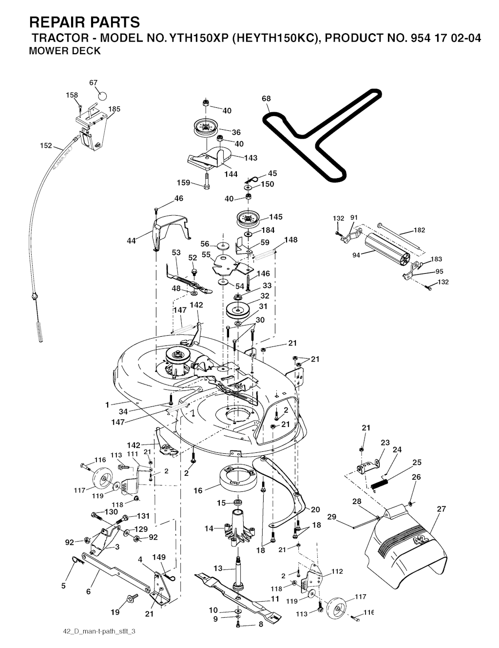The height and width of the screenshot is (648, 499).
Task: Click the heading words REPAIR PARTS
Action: point(84,22)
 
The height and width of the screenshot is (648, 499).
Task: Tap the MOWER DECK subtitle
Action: point(65,51)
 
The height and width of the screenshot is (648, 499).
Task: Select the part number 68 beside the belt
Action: point(266,99)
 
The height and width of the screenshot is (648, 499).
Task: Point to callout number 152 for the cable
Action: point(46,145)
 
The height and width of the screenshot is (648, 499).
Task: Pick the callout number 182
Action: point(419,230)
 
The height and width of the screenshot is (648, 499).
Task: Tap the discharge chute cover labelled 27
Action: point(409,547)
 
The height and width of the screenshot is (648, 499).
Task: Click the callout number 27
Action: point(441,509)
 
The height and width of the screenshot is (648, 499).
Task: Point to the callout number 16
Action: point(198,491)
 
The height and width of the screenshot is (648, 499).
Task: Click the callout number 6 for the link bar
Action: point(88,591)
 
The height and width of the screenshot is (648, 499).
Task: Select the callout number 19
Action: point(115,612)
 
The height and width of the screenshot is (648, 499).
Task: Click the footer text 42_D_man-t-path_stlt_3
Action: point(99,631)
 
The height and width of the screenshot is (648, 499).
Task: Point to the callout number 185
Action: point(115,109)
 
